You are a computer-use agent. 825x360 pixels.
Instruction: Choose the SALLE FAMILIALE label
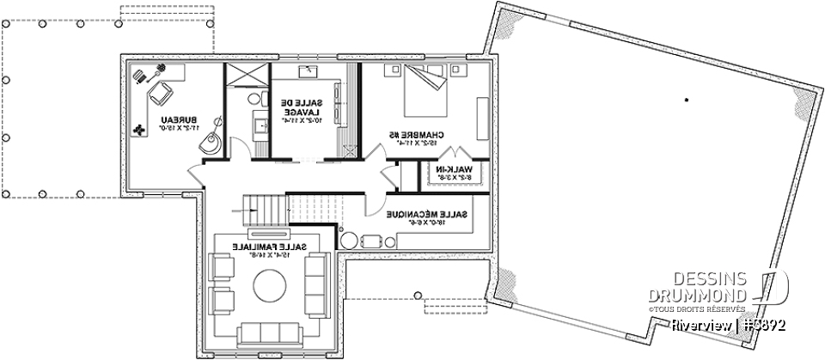tap(266, 249)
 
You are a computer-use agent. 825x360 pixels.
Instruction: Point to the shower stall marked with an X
tap(246, 75)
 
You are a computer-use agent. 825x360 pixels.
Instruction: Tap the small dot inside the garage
tap(686, 101)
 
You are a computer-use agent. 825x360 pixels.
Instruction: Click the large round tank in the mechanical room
tap(350, 241)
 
